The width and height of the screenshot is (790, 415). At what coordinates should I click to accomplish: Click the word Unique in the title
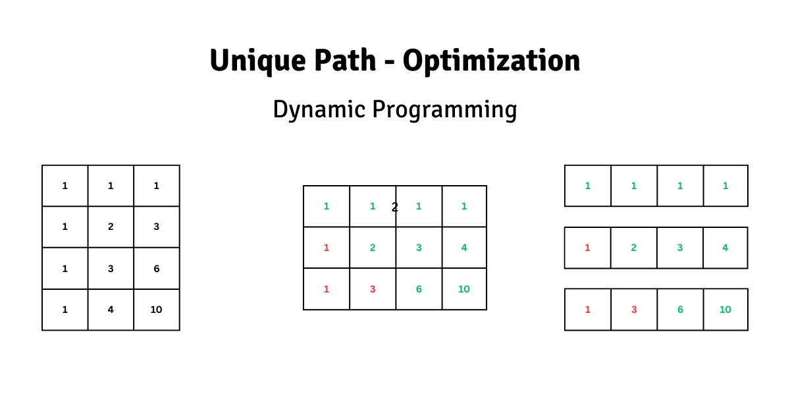[x=258, y=61]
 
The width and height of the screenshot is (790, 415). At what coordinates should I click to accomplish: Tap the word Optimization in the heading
[x=492, y=61]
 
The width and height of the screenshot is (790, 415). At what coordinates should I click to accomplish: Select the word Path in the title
[x=345, y=60]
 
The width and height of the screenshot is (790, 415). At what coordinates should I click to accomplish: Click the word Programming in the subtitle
[x=445, y=110]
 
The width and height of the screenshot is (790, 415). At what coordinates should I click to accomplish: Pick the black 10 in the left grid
[x=156, y=310]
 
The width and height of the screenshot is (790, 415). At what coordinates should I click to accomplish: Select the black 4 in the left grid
[x=111, y=310]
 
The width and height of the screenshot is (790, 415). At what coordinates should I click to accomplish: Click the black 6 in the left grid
[x=157, y=269]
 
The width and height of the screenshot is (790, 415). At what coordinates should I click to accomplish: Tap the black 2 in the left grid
[x=111, y=227]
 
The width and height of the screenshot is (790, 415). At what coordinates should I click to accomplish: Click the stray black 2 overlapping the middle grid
[x=394, y=207]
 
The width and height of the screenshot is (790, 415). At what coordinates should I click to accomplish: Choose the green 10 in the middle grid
[x=463, y=289]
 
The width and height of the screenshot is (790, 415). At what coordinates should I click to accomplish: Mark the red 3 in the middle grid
[x=373, y=289]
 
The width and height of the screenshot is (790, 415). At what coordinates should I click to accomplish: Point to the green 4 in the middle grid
[x=464, y=248]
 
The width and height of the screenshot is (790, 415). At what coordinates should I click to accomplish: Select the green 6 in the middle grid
[x=419, y=289]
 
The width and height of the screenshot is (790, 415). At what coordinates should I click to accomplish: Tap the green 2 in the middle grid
[x=373, y=248]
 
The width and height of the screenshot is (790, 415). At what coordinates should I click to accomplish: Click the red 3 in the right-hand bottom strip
[x=634, y=310]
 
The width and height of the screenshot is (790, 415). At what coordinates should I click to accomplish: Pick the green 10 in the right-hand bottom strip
[x=725, y=310]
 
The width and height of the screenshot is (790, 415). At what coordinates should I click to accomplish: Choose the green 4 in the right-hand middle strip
[x=725, y=248]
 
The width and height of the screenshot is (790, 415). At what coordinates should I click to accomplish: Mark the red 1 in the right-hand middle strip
[x=587, y=248]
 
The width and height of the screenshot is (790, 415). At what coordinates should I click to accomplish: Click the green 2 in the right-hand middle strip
[x=634, y=248]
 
